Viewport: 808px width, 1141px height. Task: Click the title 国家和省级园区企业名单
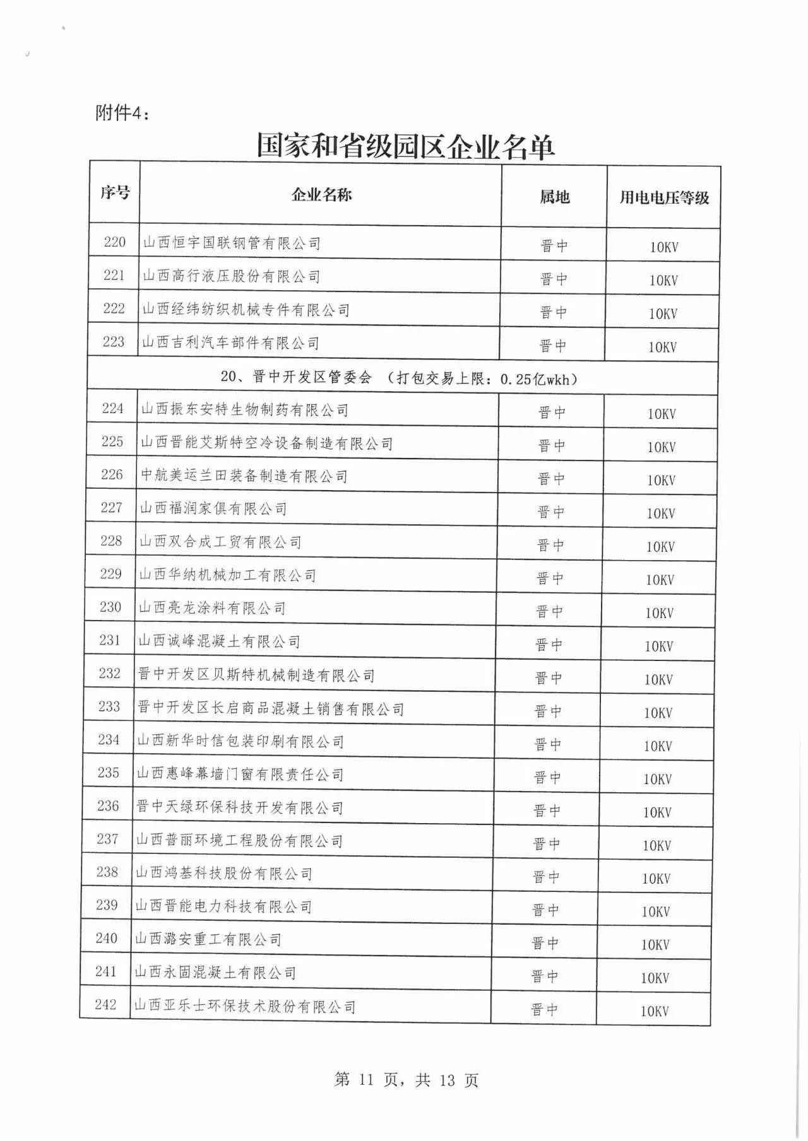pos(405,146)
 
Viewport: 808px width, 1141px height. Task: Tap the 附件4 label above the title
pos(122,113)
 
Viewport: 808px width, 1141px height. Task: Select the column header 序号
pos(114,192)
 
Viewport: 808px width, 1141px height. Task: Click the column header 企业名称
pos(321,194)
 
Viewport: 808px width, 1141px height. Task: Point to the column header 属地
pos(554,197)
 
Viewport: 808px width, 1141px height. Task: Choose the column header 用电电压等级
pos(663,197)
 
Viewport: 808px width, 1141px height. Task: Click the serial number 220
pos(115,242)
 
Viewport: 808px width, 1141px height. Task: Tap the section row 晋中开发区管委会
pos(399,378)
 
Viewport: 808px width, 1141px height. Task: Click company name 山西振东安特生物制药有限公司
pos(244,410)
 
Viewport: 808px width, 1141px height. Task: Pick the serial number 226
pos(112,474)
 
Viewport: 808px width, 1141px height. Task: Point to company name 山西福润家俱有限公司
pos(213,508)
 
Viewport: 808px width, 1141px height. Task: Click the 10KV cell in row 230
pos(659,612)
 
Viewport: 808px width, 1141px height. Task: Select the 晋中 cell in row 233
pos(548,711)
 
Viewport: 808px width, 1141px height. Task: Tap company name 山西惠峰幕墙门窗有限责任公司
pos(240,774)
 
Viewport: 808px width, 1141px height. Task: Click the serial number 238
pos(107,872)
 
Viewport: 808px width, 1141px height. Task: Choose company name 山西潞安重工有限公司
pos(208,939)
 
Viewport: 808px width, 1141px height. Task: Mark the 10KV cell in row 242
pos(654,1011)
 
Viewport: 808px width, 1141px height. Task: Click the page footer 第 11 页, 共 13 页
pos(406,1080)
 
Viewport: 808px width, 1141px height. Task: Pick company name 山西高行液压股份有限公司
pos(231,276)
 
